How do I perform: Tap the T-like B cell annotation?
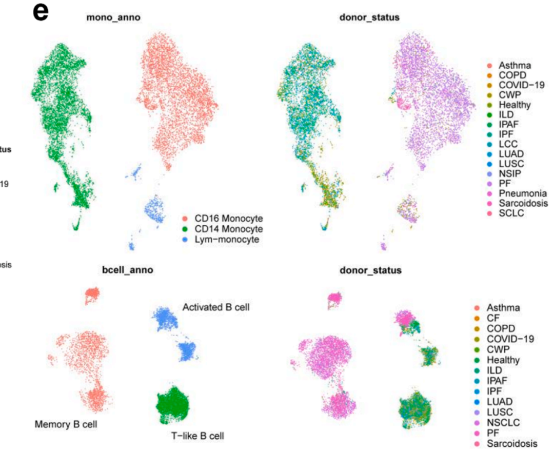[x=197, y=437]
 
